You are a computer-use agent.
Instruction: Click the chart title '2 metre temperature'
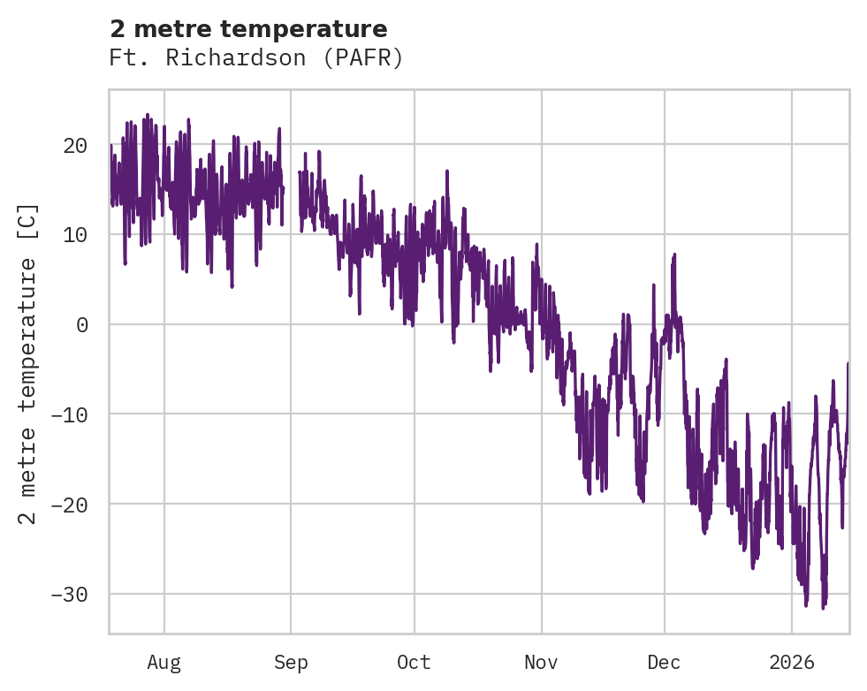(x=248, y=29)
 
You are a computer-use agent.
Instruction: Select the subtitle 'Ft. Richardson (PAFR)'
(x=256, y=58)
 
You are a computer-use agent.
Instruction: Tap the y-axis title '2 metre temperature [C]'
(x=28, y=363)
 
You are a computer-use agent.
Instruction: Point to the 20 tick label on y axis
(x=75, y=145)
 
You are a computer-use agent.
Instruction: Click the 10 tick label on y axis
(x=75, y=235)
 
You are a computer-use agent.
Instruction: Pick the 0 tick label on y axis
(x=81, y=324)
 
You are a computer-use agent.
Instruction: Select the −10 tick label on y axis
(x=69, y=414)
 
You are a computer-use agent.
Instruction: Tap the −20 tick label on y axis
(x=69, y=505)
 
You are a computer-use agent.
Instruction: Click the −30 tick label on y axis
(x=69, y=594)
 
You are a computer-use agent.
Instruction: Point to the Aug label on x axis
(x=164, y=663)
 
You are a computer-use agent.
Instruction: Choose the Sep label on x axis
(x=291, y=663)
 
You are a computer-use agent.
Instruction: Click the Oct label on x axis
(x=414, y=663)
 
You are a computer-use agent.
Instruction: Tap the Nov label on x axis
(x=541, y=663)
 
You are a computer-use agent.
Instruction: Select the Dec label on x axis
(x=664, y=663)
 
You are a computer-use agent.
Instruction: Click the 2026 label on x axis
(x=792, y=663)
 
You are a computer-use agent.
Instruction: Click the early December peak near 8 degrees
(x=674, y=255)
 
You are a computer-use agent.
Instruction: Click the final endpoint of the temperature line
(x=848, y=364)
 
